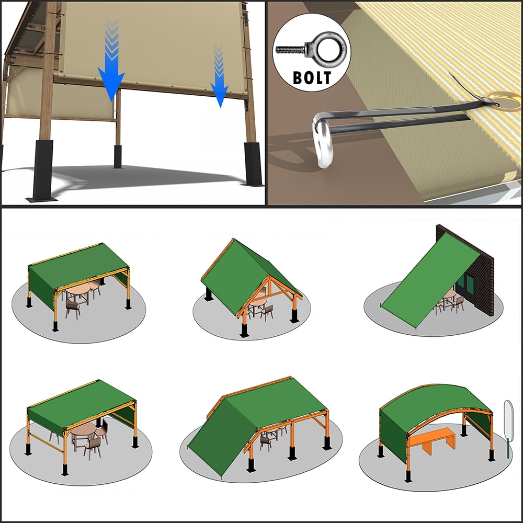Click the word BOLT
(312, 77)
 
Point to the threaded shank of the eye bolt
(290, 50)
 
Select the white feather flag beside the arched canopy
(508, 421)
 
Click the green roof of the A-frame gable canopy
(241, 274)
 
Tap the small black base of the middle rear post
(118, 156)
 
